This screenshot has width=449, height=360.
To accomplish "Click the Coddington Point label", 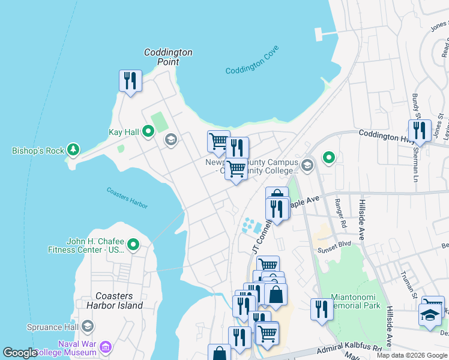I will point(168,57).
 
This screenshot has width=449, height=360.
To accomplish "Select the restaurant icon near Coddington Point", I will point(130,80).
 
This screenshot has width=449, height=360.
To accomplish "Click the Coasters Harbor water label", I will point(127,198).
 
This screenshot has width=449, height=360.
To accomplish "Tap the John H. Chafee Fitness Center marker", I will point(133,244).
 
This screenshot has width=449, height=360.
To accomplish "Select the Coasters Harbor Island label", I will point(119,301).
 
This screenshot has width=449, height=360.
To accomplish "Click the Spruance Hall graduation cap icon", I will point(88,326).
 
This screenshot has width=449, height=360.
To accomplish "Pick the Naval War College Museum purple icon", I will point(106,347).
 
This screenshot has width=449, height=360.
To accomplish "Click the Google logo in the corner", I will point(20,353).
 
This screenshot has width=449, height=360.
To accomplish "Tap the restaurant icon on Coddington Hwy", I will point(419,130).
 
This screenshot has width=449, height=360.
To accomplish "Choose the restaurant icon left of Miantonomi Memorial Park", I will point(322,309).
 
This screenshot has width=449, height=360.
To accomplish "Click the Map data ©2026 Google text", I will point(412,355).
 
